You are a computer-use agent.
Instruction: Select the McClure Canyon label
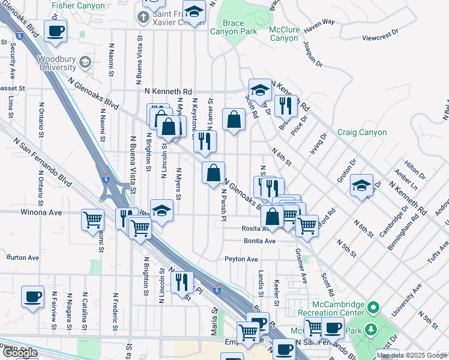pos(284,33)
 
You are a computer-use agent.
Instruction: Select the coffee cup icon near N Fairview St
pos(32,296)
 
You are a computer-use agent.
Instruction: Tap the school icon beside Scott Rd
pos(260,89)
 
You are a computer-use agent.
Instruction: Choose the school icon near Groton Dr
pos(361,185)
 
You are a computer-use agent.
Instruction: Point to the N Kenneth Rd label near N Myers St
pos(169,91)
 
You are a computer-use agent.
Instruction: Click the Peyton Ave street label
pos(241,259)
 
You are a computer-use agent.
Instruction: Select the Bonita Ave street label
pos(259,241)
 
